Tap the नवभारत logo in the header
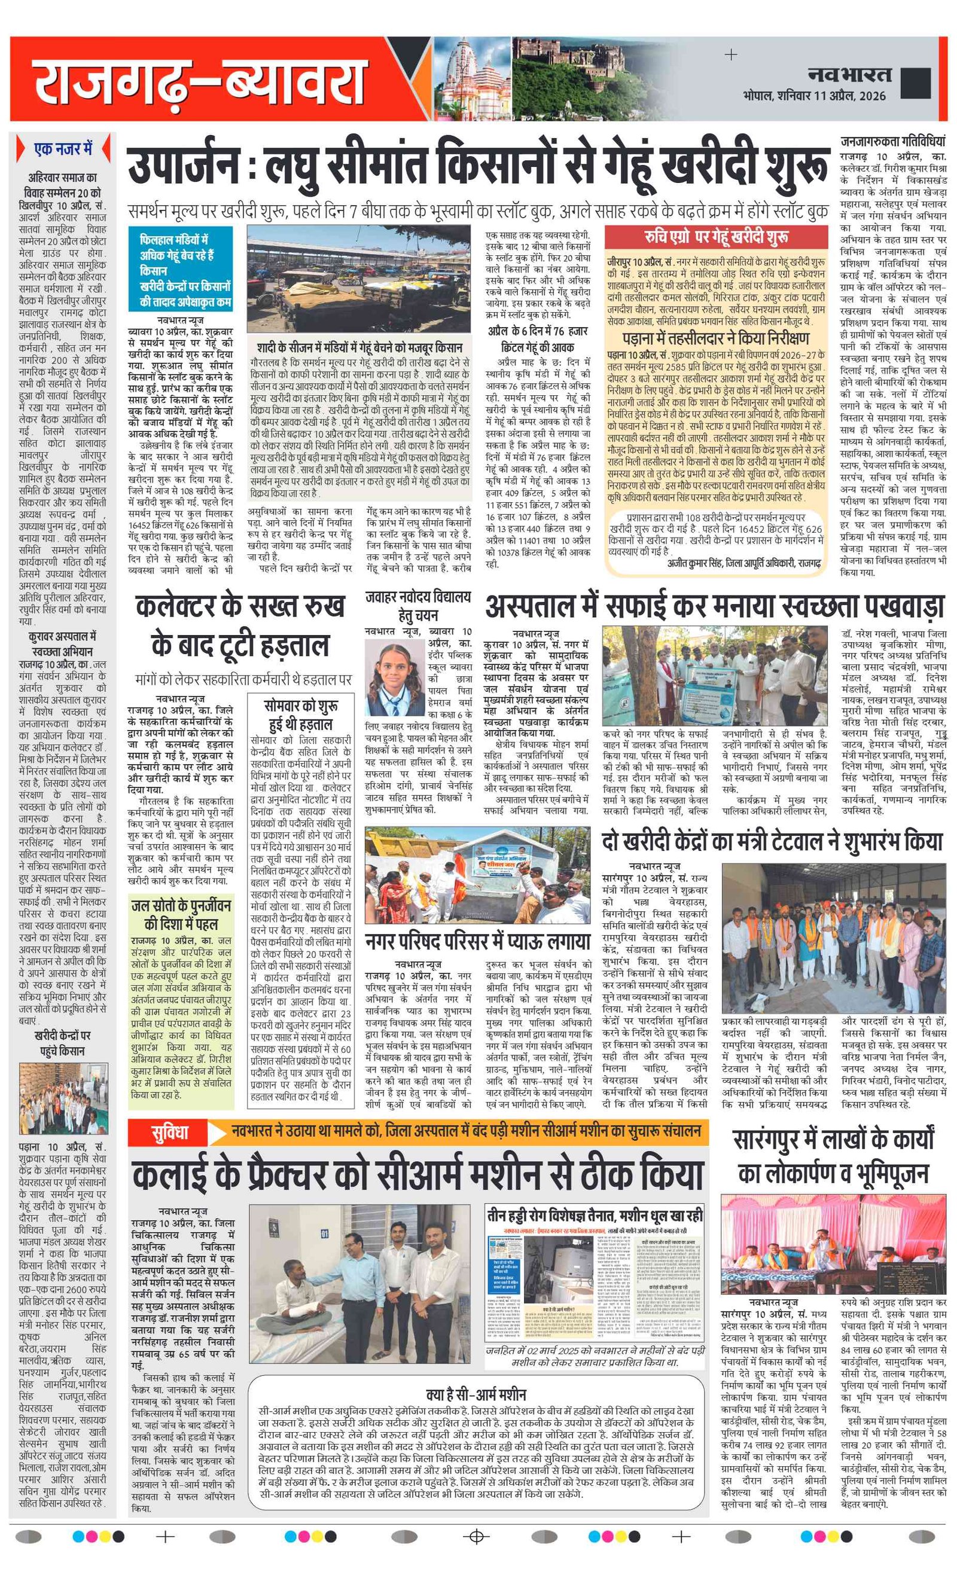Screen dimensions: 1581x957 click(x=849, y=75)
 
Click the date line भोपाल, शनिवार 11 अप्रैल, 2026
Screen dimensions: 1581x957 click(x=814, y=96)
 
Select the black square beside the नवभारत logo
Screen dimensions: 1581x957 click(x=916, y=83)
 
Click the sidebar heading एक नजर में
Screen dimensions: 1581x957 click(x=62, y=149)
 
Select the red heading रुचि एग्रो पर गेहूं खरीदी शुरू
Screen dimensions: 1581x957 click(x=717, y=237)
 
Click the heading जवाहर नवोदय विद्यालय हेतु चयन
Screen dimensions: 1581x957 click(x=418, y=606)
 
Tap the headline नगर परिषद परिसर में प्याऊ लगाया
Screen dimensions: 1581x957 click(x=477, y=941)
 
